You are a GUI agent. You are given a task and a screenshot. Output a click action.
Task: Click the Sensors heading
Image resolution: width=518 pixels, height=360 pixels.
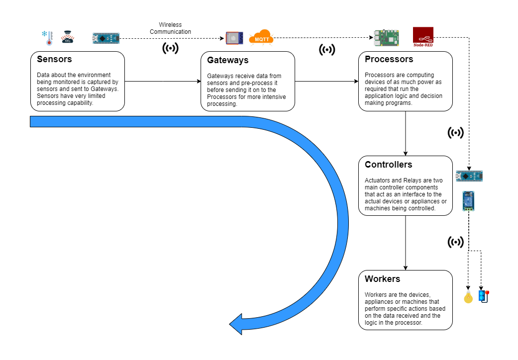[x=54, y=60]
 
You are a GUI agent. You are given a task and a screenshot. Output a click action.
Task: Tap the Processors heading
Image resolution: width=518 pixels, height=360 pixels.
[x=389, y=60]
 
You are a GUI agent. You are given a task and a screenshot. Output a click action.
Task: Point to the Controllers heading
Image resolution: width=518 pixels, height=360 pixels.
[x=388, y=165]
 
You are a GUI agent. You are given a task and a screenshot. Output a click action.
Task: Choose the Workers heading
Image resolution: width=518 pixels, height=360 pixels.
[x=382, y=279]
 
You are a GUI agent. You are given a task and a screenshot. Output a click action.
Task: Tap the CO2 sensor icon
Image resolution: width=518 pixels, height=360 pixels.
[x=68, y=38]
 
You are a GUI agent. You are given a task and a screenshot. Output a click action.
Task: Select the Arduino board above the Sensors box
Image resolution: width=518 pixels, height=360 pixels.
[x=105, y=38]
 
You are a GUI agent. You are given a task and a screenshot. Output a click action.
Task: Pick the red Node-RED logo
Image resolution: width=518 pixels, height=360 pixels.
[x=423, y=37]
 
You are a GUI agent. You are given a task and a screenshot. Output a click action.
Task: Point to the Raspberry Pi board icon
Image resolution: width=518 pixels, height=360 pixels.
[x=387, y=38]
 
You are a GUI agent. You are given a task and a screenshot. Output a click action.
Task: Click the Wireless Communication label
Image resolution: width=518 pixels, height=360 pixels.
[x=170, y=28]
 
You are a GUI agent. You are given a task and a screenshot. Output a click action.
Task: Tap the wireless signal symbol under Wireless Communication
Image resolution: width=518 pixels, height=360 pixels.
[x=170, y=48]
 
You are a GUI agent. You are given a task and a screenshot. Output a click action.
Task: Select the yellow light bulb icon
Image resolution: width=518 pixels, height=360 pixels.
[x=468, y=297]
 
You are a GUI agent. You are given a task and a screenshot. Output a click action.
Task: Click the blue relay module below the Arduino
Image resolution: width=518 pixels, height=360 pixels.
[x=468, y=201]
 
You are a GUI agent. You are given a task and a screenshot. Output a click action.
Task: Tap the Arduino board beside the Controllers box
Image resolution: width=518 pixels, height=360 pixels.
[x=469, y=176]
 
